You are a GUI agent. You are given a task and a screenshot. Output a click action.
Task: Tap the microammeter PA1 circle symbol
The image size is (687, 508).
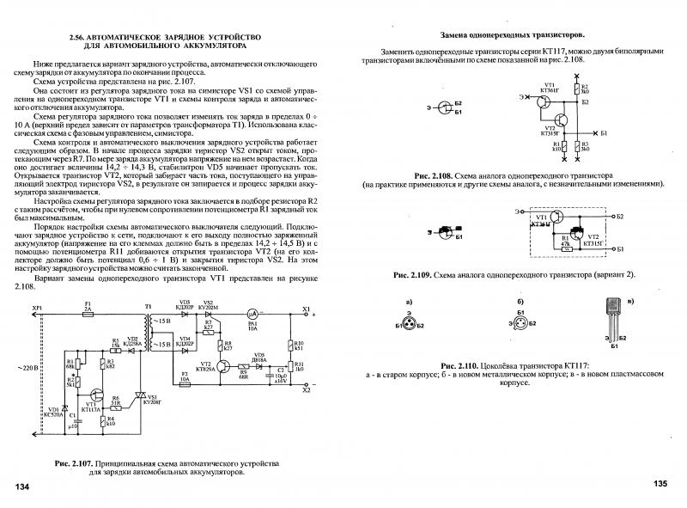click(x=253, y=315)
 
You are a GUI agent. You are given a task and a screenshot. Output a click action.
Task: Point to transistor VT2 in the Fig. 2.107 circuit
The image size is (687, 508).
click(x=225, y=366)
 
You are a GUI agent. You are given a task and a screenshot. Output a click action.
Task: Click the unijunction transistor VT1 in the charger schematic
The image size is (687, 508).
click(x=91, y=402)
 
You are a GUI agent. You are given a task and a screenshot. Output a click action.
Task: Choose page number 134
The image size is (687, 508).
click(x=22, y=487)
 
